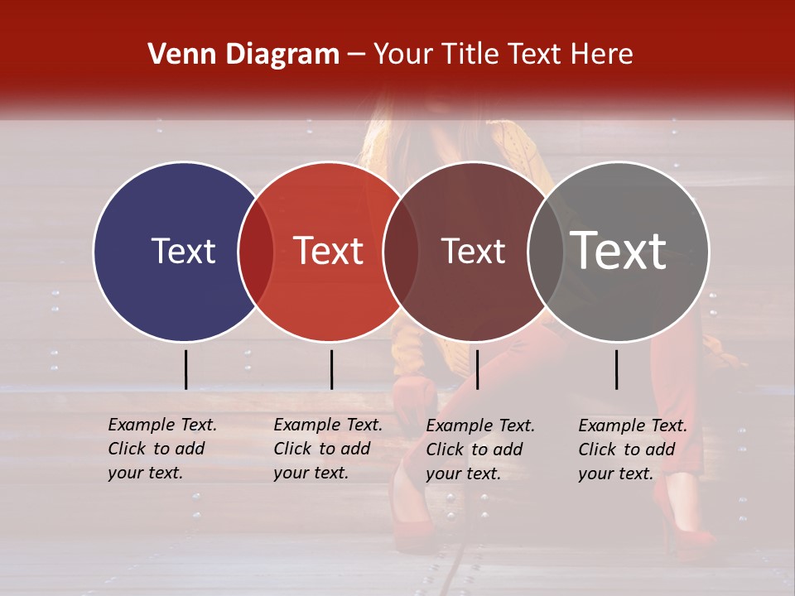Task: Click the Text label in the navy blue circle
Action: (x=183, y=251)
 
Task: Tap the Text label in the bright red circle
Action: (x=328, y=251)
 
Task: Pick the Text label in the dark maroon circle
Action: (x=473, y=252)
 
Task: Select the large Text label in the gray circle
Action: (x=618, y=251)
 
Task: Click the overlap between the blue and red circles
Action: (x=256, y=252)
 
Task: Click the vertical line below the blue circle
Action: (x=186, y=369)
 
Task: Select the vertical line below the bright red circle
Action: (x=331, y=369)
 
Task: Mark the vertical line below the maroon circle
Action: (x=477, y=369)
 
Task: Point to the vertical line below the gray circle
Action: (x=617, y=369)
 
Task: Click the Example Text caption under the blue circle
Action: (x=161, y=449)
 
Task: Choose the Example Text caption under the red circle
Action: (x=327, y=449)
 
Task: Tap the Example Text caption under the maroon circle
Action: (x=479, y=449)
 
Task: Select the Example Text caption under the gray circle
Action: (x=632, y=449)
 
